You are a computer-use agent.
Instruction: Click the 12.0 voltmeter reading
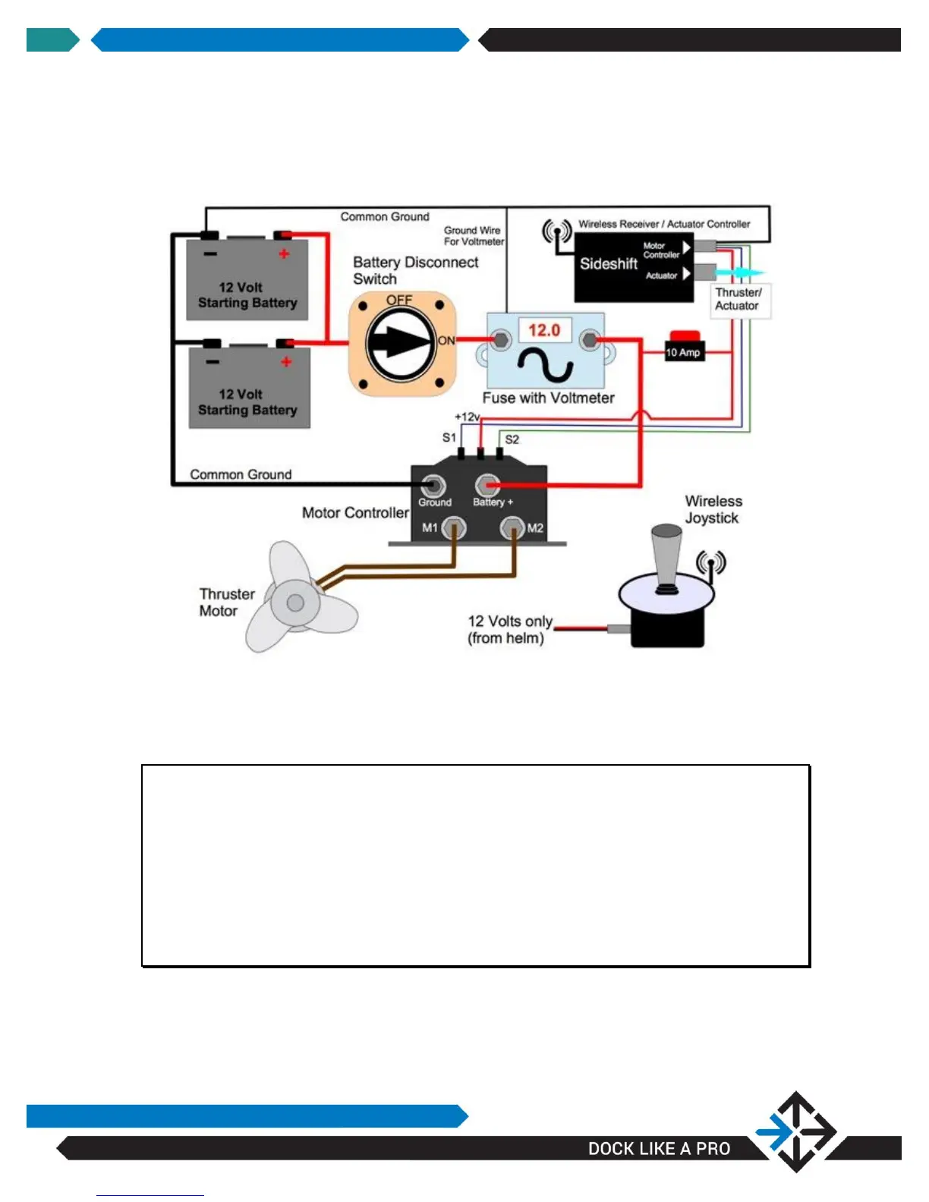coord(544,331)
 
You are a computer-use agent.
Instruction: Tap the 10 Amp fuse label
coord(683,352)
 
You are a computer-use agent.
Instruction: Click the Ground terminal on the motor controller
coord(433,485)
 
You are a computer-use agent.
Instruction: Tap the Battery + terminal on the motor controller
coord(487,485)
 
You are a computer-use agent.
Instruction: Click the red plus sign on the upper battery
coord(284,254)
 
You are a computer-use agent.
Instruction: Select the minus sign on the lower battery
coord(213,362)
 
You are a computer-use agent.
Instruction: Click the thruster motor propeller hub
coord(294,603)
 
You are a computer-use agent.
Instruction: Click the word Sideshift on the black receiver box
coord(609,264)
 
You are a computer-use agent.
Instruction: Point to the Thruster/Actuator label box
coord(738,299)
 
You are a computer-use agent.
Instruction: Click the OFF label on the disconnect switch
coord(399,300)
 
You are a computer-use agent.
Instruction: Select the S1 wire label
coord(449,438)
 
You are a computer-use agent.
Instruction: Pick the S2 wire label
coord(512,439)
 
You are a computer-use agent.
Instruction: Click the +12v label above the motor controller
coord(468,417)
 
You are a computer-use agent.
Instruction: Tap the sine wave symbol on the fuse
coord(545,364)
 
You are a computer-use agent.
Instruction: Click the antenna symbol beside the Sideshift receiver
coord(557,231)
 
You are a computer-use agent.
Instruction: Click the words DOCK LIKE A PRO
coord(659,1148)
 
